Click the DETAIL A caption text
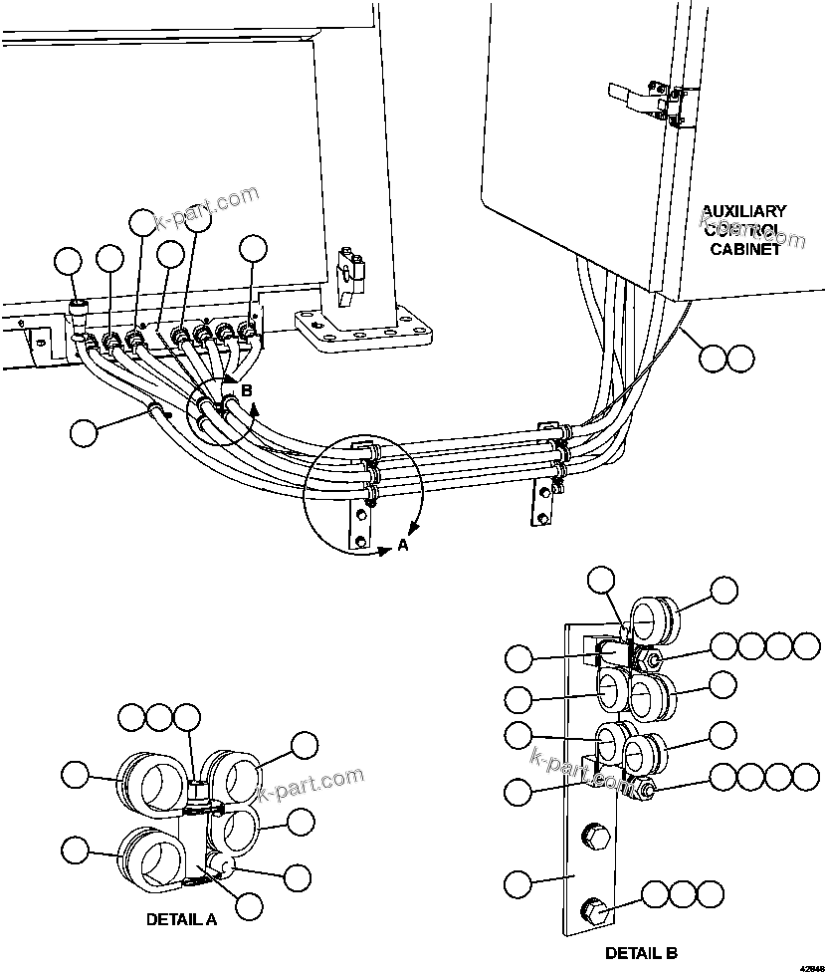pyautogui.click(x=181, y=919)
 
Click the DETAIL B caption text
pyautogui.click(x=642, y=953)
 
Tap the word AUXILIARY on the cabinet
pyautogui.click(x=743, y=211)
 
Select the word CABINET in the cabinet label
pyautogui.click(x=743, y=250)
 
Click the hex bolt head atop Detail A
pyautogui.click(x=200, y=792)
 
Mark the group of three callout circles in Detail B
pyautogui.click(x=682, y=893)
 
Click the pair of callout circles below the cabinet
pyautogui.click(x=726, y=358)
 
